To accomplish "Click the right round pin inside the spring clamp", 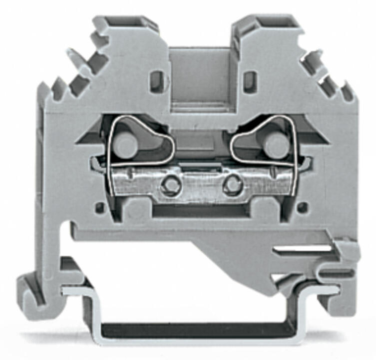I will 274,145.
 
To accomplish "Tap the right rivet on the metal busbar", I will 230,185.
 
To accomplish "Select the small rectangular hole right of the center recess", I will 251,78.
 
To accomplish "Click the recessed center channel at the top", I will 200,75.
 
